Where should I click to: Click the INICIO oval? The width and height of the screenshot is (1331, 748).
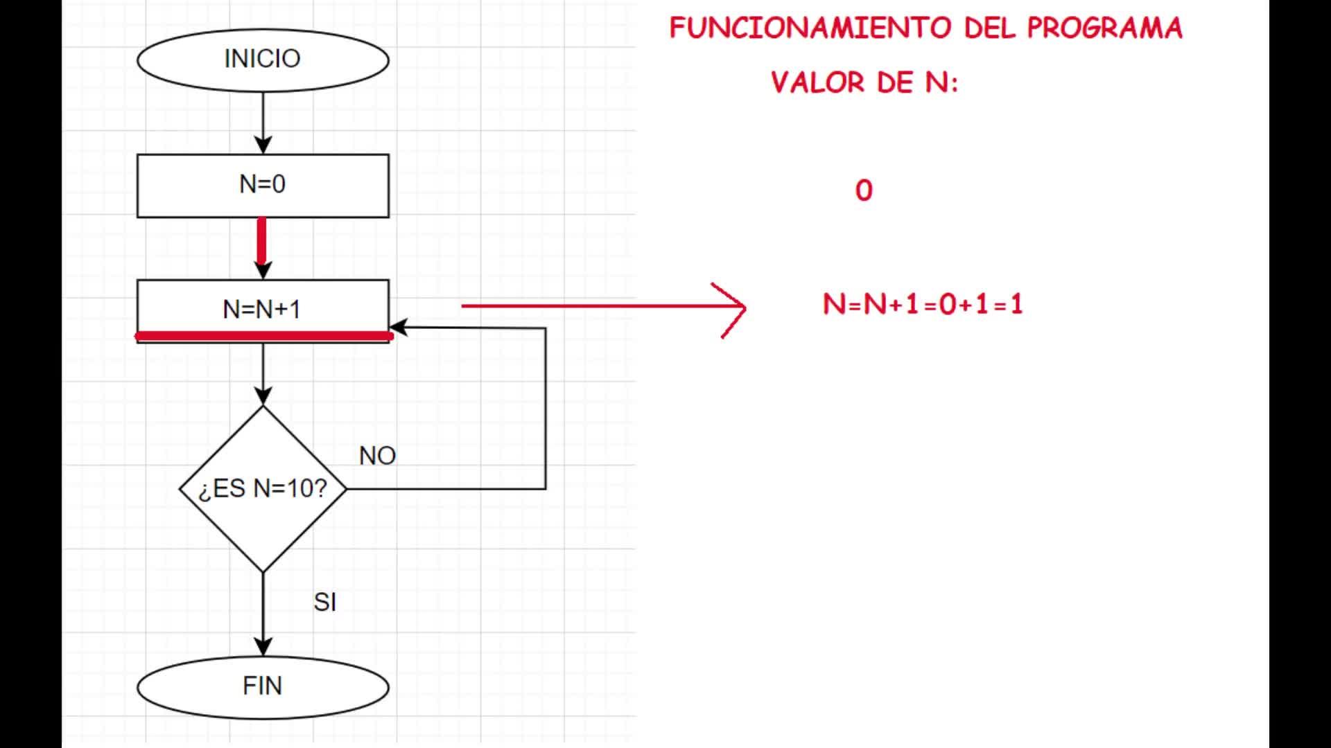pos(263,60)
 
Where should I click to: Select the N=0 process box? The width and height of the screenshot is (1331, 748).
pos(263,185)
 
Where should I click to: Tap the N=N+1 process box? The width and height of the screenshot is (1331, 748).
pos(263,309)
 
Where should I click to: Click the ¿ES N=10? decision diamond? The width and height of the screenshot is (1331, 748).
pos(263,488)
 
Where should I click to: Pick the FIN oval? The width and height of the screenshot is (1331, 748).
pos(263,686)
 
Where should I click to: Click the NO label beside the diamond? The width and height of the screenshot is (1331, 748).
pos(377,456)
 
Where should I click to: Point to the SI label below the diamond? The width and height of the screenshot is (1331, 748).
pos(324,603)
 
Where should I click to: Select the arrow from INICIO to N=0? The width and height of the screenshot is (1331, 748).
pos(263,122)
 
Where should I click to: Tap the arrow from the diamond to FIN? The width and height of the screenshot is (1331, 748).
pos(263,613)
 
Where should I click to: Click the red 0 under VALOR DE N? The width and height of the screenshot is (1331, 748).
pos(864,190)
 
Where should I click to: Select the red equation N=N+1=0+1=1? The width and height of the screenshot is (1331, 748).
pos(923,304)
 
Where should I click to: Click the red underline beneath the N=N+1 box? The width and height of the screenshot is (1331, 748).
pos(263,336)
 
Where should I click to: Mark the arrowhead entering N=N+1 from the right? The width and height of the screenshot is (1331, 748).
pos(399,328)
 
